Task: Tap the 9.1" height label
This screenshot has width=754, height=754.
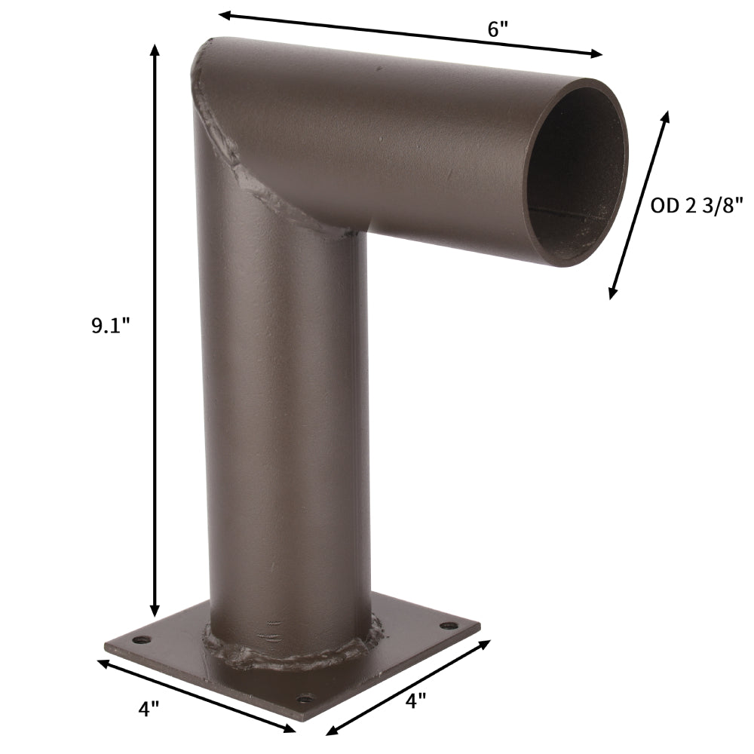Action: pos(111,326)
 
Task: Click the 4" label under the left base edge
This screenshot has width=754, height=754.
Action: pos(149,708)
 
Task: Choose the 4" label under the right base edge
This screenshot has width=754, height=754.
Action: pos(415,700)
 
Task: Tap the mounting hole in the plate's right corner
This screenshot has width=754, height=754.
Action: pos(450,625)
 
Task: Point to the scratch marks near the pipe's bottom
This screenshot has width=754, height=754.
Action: pos(273,630)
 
